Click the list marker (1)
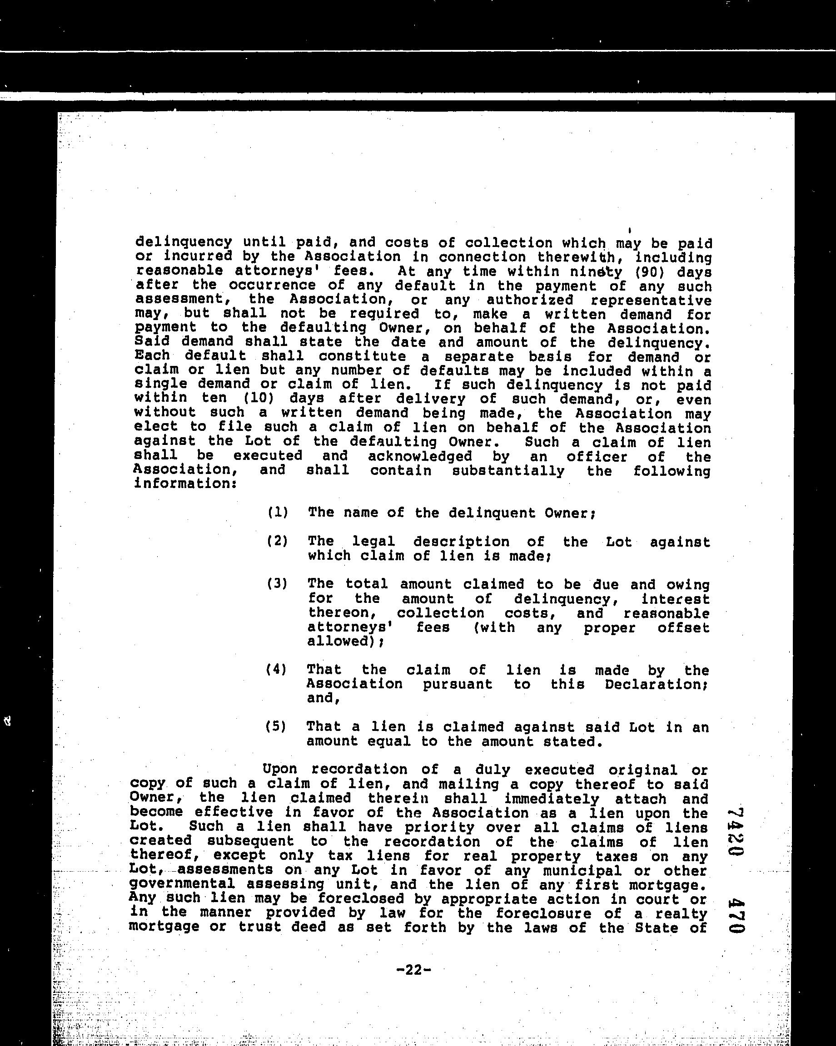[x=278, y=512]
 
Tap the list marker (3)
[x=278, y=583]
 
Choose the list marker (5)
[x=276, y=726]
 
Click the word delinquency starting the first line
[x=184, y=242]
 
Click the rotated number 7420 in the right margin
[x=736, y=839]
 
